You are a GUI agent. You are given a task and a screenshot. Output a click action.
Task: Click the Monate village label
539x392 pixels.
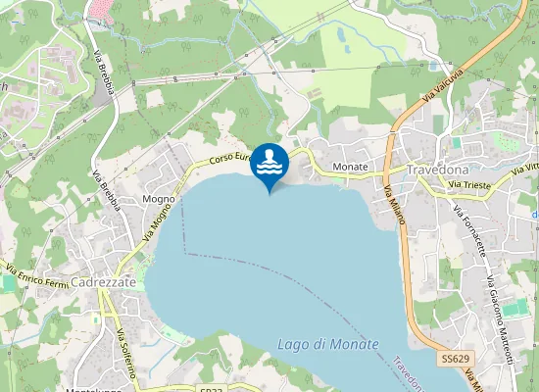[x=350, y=168]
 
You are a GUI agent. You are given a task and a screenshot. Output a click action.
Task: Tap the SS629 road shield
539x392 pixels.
[x=453, y=361]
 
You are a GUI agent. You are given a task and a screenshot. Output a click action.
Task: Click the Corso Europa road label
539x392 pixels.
[x=232, y=157]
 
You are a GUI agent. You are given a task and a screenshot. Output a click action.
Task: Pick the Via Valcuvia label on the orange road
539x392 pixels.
[x=443, y=93]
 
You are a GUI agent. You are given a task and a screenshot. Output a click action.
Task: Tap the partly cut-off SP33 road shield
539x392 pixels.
[x=210, y=388]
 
